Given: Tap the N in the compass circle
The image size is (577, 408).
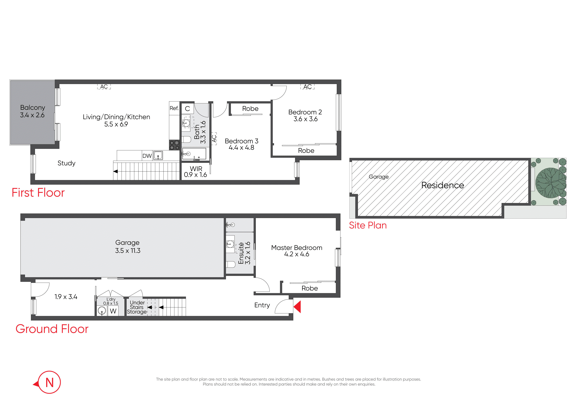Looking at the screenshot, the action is coord(50,383).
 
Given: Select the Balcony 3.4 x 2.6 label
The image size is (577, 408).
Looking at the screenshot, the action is coord(32,111).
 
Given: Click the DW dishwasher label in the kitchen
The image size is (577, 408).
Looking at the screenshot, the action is coord(147,156).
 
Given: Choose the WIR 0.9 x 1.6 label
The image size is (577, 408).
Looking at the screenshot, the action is coord(196,172).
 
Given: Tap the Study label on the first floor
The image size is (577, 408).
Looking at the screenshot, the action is coord(66,163).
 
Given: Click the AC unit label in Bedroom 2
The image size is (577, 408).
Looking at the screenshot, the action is coord(308,87).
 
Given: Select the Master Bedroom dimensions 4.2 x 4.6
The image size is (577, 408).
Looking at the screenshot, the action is coord(297,254).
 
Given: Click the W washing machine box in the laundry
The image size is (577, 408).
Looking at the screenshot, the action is coord(113,311).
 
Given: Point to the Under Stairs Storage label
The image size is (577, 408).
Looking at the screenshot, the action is coord(137,307).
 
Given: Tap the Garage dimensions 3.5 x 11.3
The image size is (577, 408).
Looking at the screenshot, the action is coord(128,251).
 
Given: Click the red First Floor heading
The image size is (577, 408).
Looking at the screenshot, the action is coord(38,193).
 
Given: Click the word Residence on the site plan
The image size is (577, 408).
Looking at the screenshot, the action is coord(443,185).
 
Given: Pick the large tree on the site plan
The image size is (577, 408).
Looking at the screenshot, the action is coord(551,183).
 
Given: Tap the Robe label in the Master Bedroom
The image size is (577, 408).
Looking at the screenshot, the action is coord(310,288).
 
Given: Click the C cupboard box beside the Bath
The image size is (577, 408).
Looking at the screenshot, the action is coord(188,109).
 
